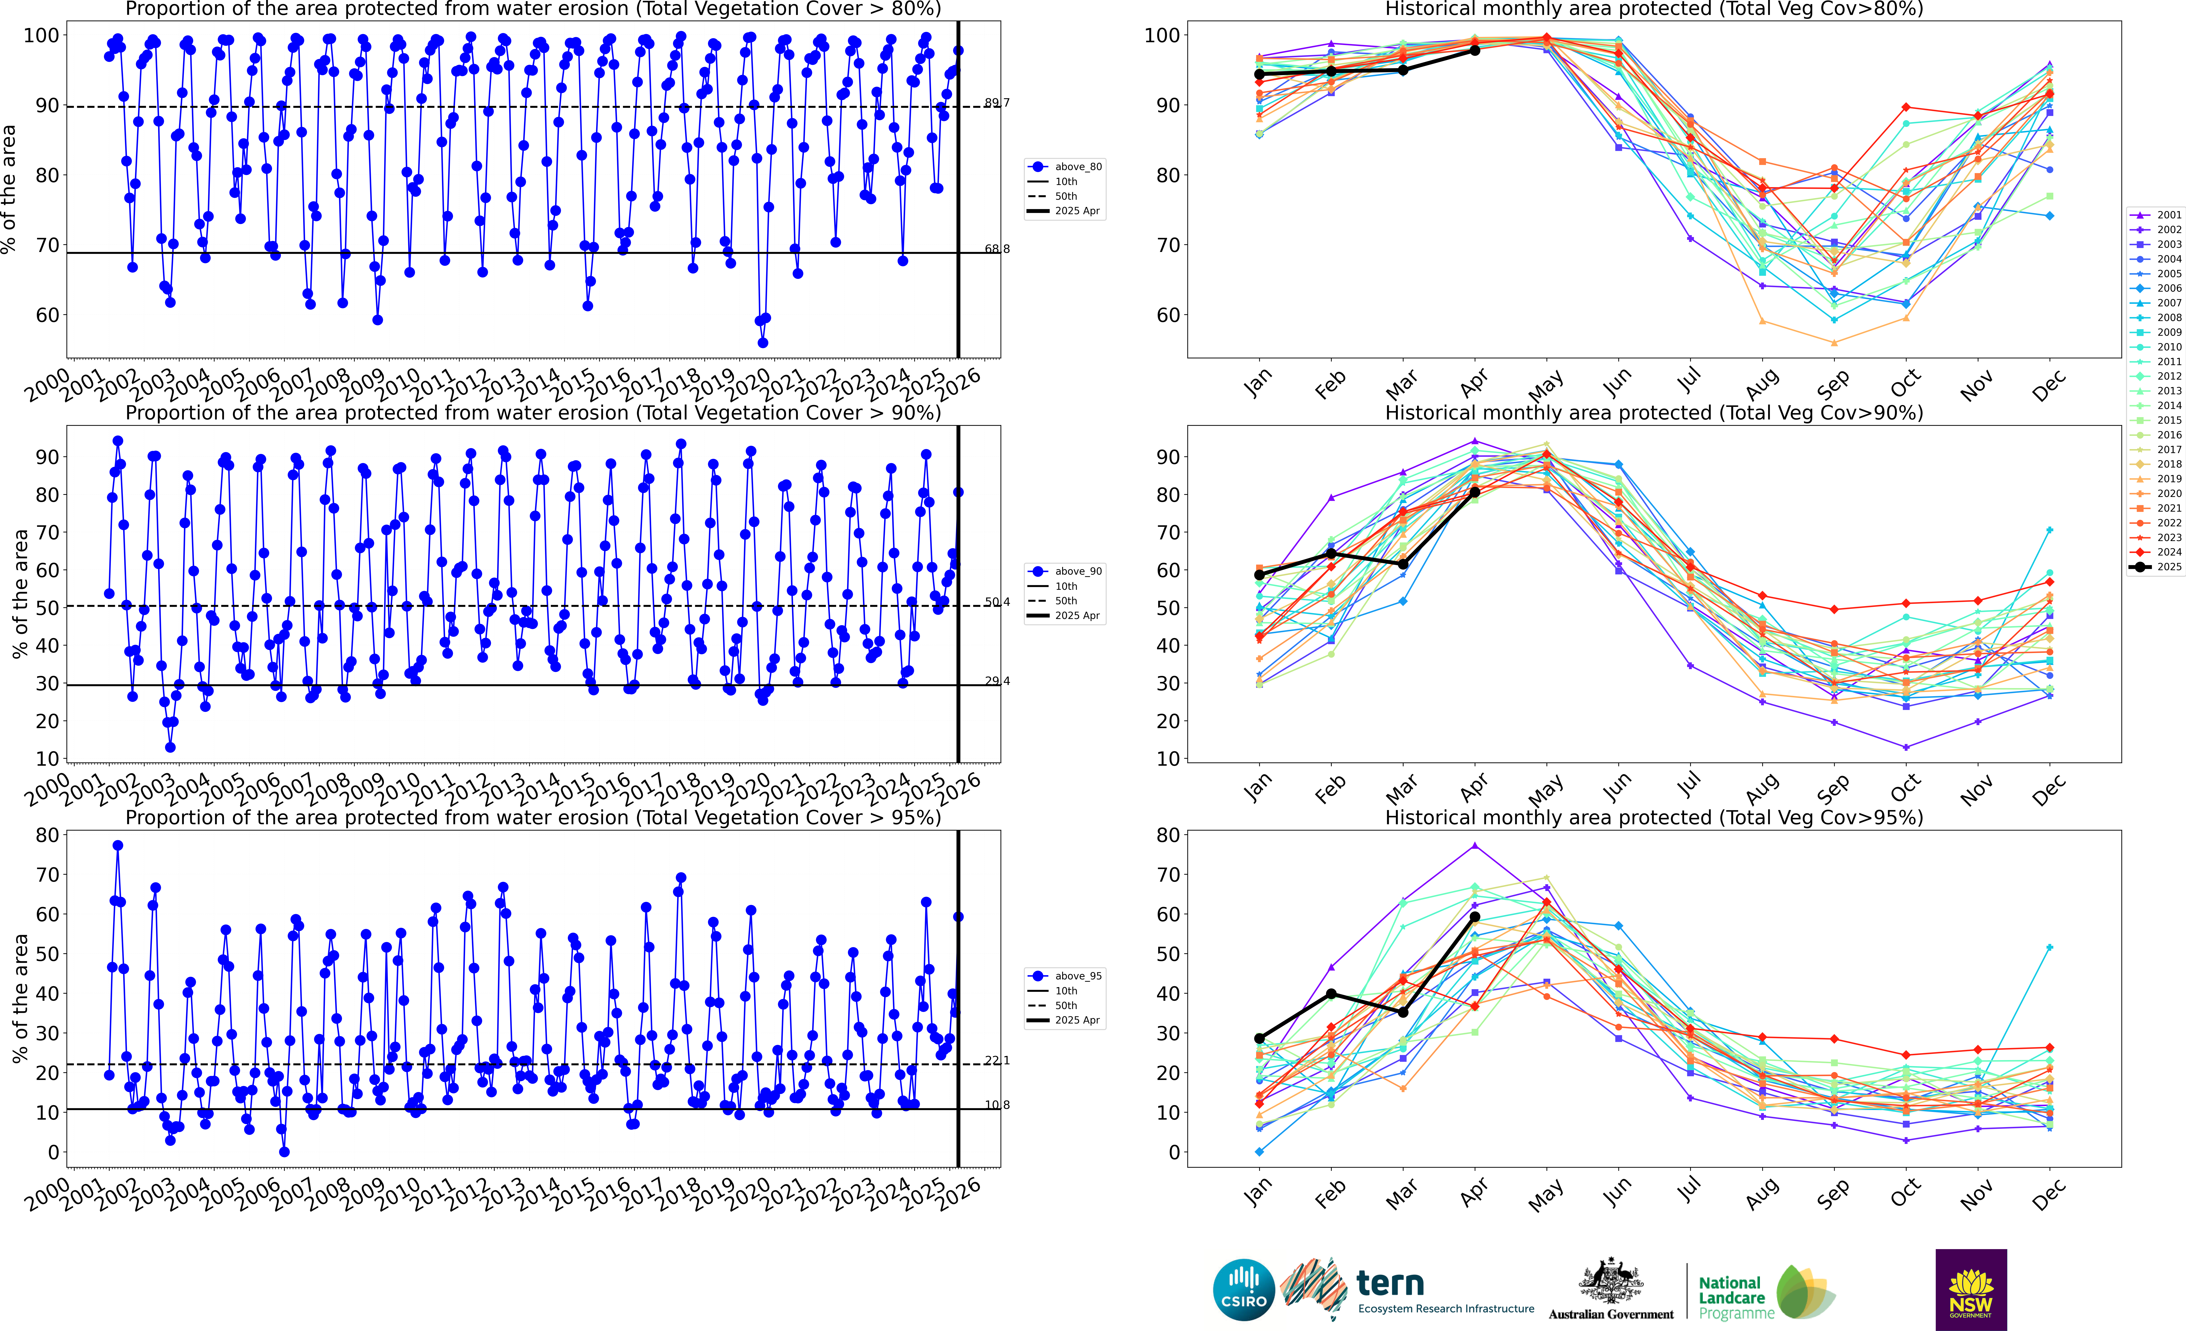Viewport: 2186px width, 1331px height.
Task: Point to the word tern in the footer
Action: click(1390, 1283)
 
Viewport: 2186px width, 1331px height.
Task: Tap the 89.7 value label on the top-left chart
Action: click(997, 103)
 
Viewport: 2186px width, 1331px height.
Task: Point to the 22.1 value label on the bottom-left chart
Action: click(997, 1060)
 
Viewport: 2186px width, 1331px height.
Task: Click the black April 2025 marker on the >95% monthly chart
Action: click(1474, 917)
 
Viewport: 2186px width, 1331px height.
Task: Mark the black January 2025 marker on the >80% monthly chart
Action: click(1259, 74)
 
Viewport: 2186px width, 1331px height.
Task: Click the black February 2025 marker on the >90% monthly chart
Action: click(1331, 554)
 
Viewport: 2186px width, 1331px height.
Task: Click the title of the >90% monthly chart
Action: click(1654, 413)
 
